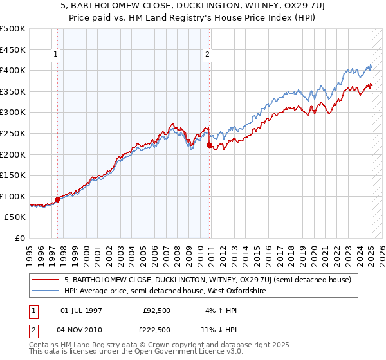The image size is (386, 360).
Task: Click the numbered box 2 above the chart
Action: pos(208,55)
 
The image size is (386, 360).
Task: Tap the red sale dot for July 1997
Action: pos(57,199)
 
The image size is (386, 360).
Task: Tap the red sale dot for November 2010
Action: pos(209,145)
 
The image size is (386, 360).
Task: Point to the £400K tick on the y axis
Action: pos(14,69)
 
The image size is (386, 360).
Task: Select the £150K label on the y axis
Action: pos(14,175)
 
